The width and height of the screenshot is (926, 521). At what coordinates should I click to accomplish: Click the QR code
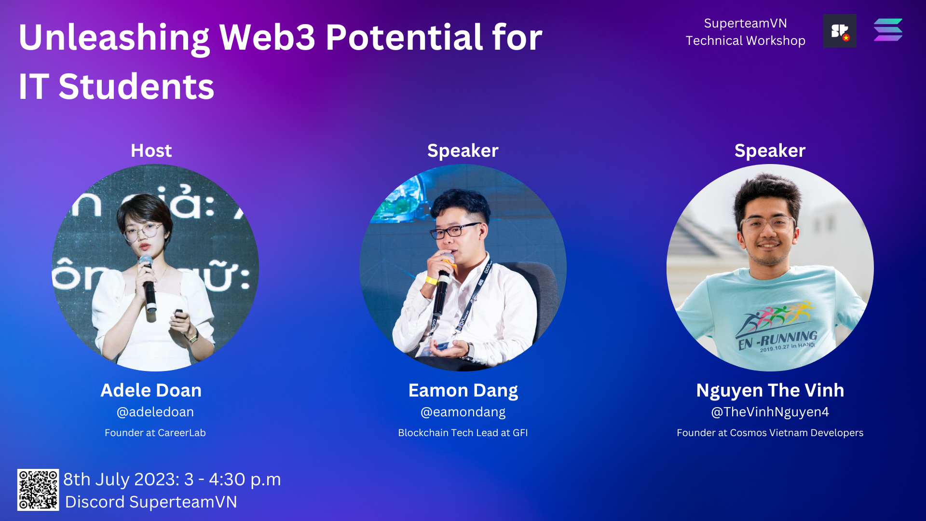pos(38,490)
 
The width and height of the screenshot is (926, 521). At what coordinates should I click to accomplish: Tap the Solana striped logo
pos(888,30)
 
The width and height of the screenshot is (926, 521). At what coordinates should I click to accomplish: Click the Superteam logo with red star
pos(840,31)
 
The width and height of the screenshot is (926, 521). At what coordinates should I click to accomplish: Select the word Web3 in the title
pos(267,37)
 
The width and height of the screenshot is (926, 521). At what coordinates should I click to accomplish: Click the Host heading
pos(151,151)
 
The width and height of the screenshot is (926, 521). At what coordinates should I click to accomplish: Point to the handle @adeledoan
pos(155,412)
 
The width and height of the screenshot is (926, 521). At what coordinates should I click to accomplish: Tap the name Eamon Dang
pos(463,391)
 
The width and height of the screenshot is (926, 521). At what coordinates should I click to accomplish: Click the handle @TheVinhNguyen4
pos(770,412)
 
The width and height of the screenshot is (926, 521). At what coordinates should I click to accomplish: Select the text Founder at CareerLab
pos(155,433)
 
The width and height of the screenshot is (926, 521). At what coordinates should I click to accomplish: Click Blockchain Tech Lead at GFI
pos(463,433)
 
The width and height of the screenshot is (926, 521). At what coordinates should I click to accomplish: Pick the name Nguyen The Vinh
pos(770,391)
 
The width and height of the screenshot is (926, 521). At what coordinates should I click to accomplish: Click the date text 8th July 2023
pos(122,480)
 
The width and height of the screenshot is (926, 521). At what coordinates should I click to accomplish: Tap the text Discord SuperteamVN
pos(151,502)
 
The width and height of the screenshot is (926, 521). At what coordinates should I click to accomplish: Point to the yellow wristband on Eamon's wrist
pos(431,280)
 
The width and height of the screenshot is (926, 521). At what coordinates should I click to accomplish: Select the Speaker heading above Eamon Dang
pos(463,151)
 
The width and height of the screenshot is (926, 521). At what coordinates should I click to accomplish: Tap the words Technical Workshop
pos(746,41)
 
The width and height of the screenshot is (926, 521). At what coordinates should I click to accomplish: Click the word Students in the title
pos(136,87)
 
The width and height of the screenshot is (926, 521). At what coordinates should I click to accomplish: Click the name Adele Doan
pos(151,391)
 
